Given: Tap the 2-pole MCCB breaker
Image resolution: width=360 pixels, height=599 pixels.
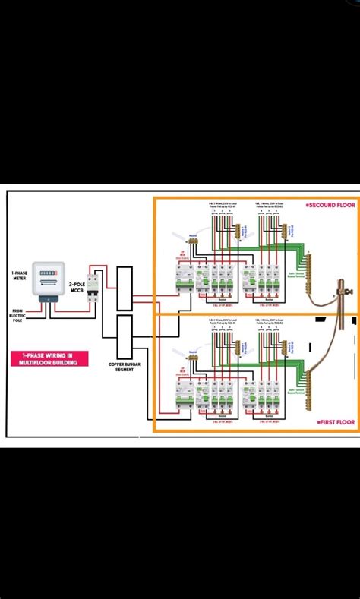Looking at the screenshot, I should click(x=93, y=287).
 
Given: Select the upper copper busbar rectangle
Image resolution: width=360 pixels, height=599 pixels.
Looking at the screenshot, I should click(x=125, y=288).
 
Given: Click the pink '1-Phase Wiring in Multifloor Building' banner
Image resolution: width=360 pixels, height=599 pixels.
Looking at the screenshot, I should click(x=49, y=359).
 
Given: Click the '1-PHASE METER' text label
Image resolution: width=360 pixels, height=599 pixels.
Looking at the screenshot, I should click(x=20, y=274).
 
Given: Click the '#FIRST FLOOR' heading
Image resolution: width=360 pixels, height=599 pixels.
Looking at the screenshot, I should click(x=333, y=422).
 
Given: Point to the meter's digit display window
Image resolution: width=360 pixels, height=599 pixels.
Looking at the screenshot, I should click(x=48, y=271).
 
